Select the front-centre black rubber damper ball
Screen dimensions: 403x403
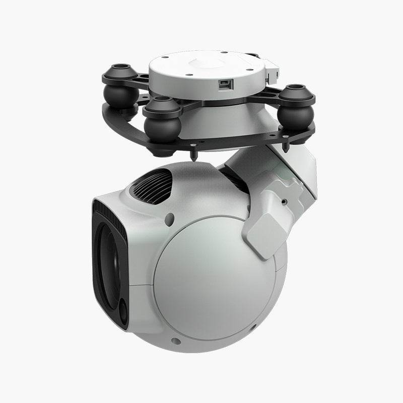pyautogui.click(x=162, y=126)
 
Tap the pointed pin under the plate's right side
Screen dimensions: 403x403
pyautogui.click(x=287, y=148)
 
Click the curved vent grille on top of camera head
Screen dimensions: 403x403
pyautogui.click(x=153, y=185)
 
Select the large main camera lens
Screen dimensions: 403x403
pyautogui.click(x=108, y=264)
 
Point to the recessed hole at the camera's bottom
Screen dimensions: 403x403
pyautogui.click(x=175, y=341)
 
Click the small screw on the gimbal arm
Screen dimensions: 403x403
pyautogui.click(x=283, y=200)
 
